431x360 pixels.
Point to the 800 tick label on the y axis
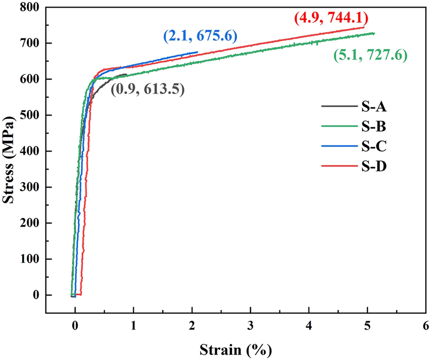pyautogui.click(x=30, y=8)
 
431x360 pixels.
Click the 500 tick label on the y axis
pyautogui.click(x=30, y=115)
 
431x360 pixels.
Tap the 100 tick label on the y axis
pyautogui.click(x=30, y=259)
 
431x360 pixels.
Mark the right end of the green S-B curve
pyautogui.click(x=374, y=33)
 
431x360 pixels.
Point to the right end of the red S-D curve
pyautogui.click(x=364, y=27)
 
